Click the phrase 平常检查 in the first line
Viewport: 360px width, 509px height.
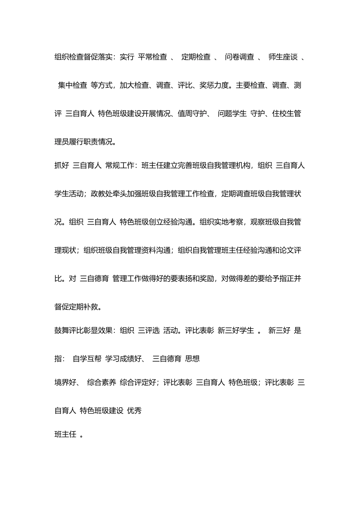click(152, 57)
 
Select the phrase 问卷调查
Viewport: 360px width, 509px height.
click(239, 57)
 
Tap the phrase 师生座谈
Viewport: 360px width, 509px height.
click(283, 57)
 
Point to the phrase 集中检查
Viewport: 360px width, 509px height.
click(72, 85)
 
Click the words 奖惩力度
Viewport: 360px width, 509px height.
click(214, 85)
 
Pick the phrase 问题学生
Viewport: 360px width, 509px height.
click(232, 114)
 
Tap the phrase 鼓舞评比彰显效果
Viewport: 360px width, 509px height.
click(83, 330)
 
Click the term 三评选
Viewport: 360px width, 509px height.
click(149, 330)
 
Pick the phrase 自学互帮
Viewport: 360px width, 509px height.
click(87, 359)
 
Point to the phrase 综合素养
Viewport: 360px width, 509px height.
click(102, 383)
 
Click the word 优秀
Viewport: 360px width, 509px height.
click(135, 411)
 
